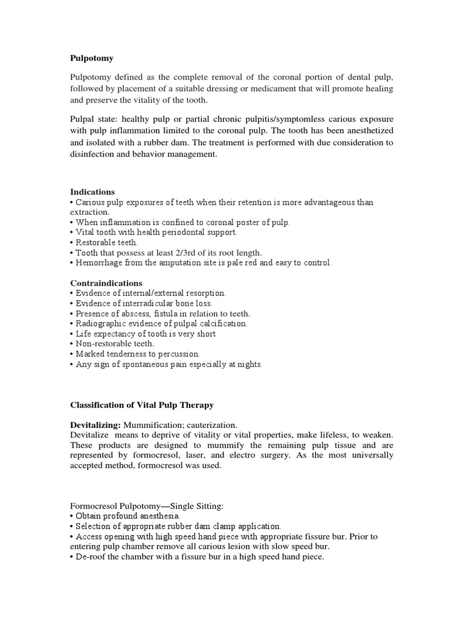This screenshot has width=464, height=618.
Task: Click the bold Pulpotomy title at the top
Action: pos(92,59)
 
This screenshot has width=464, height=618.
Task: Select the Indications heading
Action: pos(92,192)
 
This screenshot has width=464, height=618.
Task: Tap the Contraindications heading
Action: pos(106,283)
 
